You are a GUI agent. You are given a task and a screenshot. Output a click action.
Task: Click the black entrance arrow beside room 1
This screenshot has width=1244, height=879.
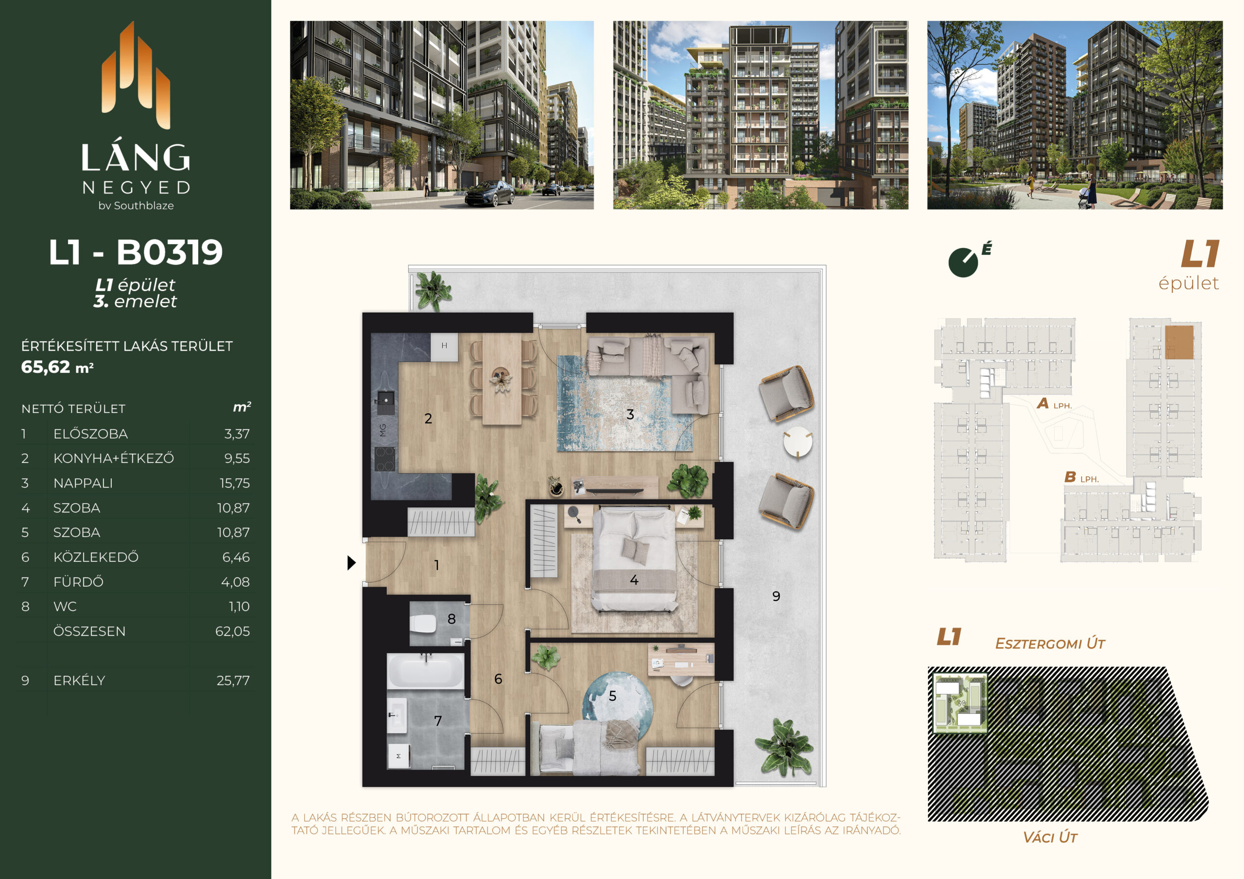[351, 563]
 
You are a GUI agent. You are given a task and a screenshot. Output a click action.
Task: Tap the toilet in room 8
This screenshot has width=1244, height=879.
[423, 624]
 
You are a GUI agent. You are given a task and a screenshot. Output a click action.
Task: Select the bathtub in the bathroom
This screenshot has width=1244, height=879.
[426, 671]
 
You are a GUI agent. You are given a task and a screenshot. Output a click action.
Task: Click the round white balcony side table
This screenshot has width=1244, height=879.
[797, 442]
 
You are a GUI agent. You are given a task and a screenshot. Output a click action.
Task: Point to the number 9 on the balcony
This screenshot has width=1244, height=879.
[776, 596]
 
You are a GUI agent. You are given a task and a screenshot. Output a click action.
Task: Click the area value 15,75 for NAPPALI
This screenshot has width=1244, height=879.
[235, 483]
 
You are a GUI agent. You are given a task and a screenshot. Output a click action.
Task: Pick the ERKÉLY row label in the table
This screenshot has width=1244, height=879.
[79, 680]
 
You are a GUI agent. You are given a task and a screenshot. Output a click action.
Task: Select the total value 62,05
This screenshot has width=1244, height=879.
[232, 631]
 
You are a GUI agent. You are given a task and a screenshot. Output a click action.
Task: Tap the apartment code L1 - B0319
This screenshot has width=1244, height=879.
[136, 252]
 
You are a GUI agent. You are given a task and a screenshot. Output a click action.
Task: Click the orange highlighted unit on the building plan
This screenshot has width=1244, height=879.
[1179, 342]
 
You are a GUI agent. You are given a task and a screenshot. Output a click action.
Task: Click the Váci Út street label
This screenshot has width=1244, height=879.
[1050, 837]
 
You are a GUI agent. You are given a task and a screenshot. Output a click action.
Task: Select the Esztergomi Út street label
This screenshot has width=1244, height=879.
[1050, 643]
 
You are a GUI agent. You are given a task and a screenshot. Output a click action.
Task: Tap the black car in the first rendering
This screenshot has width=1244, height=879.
[489, 193]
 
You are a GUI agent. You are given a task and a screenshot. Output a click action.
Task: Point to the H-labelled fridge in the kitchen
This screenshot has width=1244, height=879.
[444, 347]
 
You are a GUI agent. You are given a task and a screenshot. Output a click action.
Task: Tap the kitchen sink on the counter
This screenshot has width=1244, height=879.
[385, 401]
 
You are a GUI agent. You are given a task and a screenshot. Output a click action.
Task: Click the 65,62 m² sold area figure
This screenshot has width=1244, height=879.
[57, 367]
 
